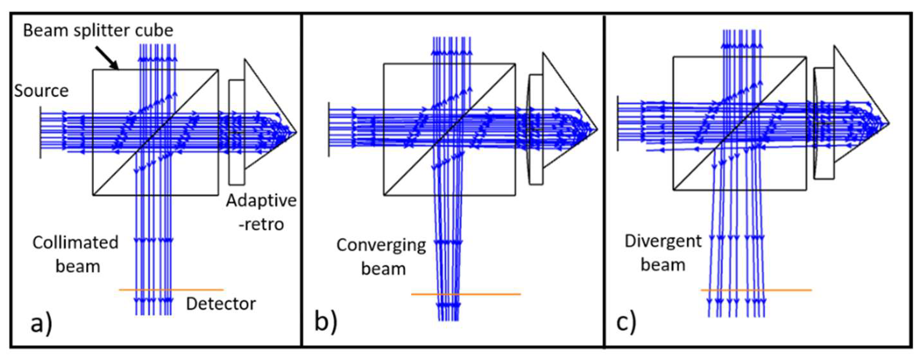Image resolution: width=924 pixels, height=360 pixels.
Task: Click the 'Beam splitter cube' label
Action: pyautogui.click(x=98, y=30)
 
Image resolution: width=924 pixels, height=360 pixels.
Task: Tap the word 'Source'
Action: pyautogui.click(x=41, y=91)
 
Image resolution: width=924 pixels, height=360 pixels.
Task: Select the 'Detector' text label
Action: pyautogui.click(x=221, y=304)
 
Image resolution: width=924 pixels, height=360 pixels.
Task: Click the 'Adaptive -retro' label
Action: pyautogui.click(x=261, y=212)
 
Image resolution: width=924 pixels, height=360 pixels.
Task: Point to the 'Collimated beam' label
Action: pyautogui.click(x=76, y=254)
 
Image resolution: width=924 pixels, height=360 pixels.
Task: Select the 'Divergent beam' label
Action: pyautogui.click(x=663, y=253)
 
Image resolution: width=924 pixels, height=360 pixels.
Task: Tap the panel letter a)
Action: pyautogui.click(x=42, y=324)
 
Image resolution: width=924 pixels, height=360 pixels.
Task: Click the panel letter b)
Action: pyautogui.click(x=326, y=322)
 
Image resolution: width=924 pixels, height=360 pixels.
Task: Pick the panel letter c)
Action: pyautogui.click(x=626, y=322)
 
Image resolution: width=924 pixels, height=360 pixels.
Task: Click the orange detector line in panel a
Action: pyautogui.click(x=201, y=289)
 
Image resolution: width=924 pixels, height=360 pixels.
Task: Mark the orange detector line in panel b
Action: pyautogui.click(x=495, y=294)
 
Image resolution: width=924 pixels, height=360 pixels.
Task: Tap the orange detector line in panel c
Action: pyautogui.click(x=789, y=290)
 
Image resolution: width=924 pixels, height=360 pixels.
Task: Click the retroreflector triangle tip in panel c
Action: pyautogui.click(x=889, y=123)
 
